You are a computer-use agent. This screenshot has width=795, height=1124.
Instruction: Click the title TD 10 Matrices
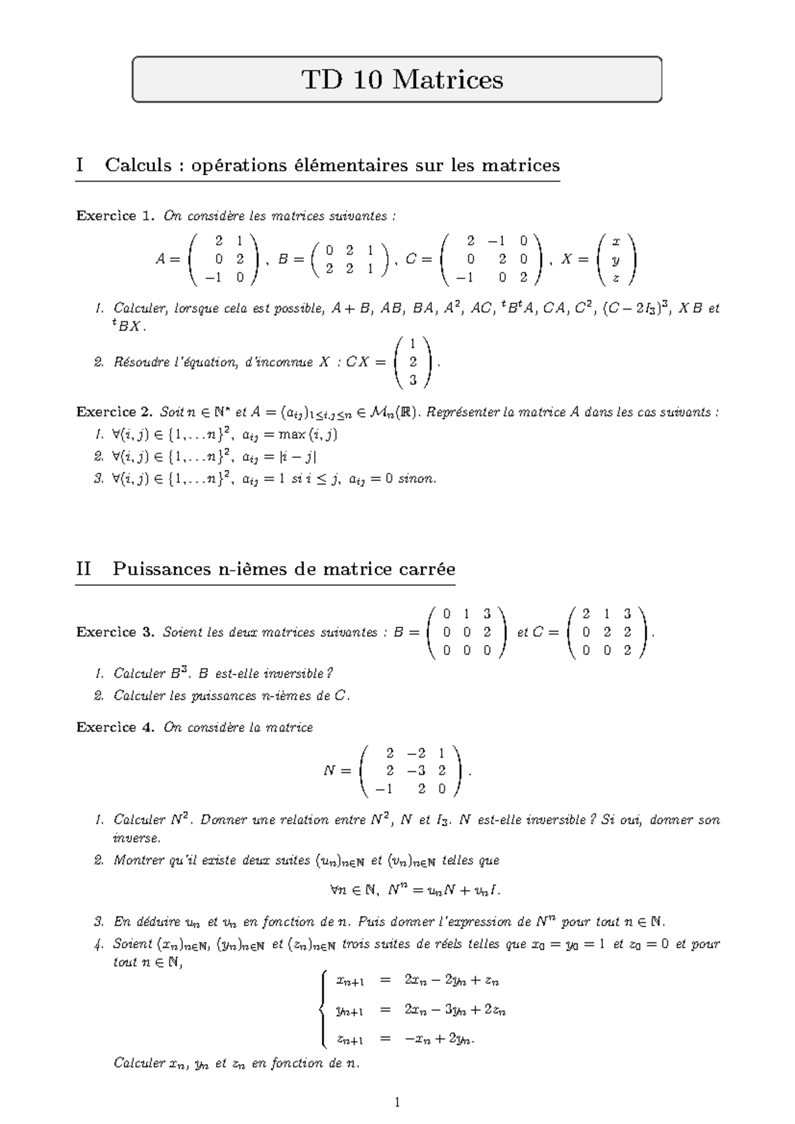tap(402, 80)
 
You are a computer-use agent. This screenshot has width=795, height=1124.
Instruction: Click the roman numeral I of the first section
tap(80, 165)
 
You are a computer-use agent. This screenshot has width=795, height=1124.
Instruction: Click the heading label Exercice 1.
tap(115, 216)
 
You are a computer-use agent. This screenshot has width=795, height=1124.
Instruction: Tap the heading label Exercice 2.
tap(115, 412)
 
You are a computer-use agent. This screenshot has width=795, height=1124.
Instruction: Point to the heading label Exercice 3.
tap(115, 632)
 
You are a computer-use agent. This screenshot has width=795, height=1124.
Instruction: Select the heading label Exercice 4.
tap(115, 728)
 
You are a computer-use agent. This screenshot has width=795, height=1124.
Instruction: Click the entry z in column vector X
tap(616, 278)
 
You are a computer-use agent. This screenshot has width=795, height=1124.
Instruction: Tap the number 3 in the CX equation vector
tap(413, 380)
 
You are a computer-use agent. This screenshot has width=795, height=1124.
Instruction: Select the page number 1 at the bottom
tap(397, 1103)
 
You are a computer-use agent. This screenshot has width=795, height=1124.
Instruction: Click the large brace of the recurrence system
tap(323, 1009)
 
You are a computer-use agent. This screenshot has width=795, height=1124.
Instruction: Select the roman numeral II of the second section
tap(83, 569)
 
